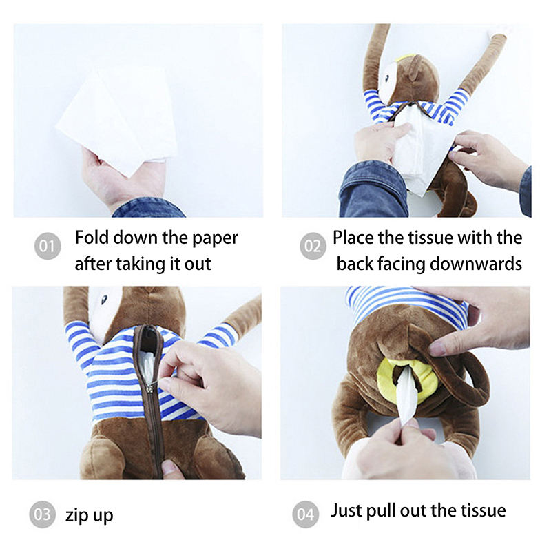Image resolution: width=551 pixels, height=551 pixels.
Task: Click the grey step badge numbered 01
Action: coord(48,246)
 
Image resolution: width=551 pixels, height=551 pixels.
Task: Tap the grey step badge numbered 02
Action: coord(313,246)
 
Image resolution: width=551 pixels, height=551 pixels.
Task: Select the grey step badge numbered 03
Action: coord(42,514)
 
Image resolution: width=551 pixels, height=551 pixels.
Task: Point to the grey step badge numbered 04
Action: coord(305,514)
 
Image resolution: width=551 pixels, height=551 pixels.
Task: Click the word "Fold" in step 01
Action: coord(92,238)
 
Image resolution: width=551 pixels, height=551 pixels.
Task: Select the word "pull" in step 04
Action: coord(381,510)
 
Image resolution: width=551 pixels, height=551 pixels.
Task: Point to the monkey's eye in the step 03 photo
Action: coord(104,300)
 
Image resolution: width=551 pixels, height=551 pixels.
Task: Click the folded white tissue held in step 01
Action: coord(118,119)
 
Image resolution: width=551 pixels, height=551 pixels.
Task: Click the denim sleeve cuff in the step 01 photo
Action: coord(148,208)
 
